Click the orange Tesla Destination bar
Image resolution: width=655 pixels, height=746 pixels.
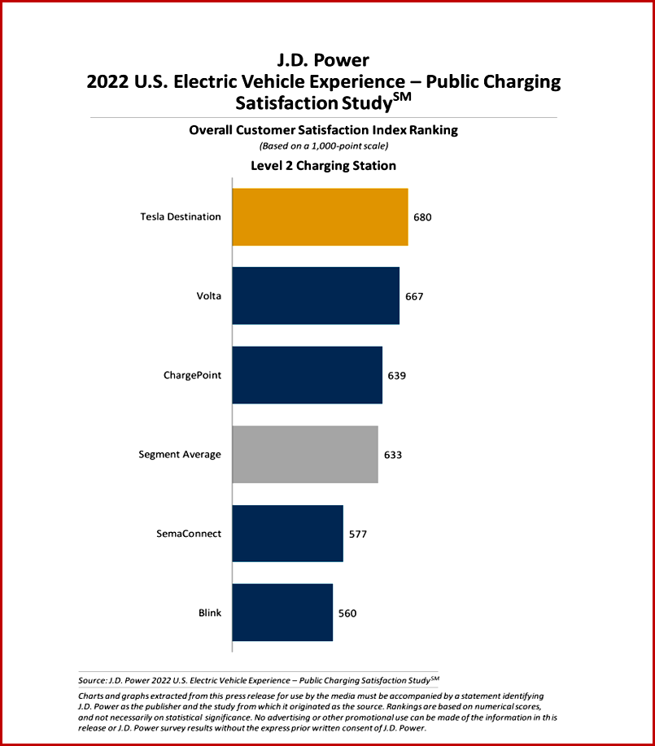320,216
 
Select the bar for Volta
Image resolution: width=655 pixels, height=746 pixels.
316,295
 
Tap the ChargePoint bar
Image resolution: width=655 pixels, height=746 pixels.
307,375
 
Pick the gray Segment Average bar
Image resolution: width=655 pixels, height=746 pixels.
305,454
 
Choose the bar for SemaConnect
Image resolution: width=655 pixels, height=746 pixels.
287,534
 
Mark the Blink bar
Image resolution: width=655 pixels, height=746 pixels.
282,613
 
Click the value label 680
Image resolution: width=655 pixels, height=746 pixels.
422,217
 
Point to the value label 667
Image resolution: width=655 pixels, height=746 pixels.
414,296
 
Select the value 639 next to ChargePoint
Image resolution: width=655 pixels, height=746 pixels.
396,376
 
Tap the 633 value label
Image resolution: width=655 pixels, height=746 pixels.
392,455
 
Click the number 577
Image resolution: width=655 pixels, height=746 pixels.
358,534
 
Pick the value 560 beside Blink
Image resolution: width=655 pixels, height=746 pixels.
347,613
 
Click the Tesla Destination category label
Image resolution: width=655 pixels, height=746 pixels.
181,217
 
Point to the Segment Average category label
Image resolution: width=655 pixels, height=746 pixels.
180,455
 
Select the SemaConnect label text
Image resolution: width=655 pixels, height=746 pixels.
189,534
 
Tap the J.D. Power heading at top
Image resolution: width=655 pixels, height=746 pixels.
323,61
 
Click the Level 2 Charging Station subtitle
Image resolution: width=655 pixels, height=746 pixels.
323,166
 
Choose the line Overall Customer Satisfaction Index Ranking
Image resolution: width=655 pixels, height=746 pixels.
323,130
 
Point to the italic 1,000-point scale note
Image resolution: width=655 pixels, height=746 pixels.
323,146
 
